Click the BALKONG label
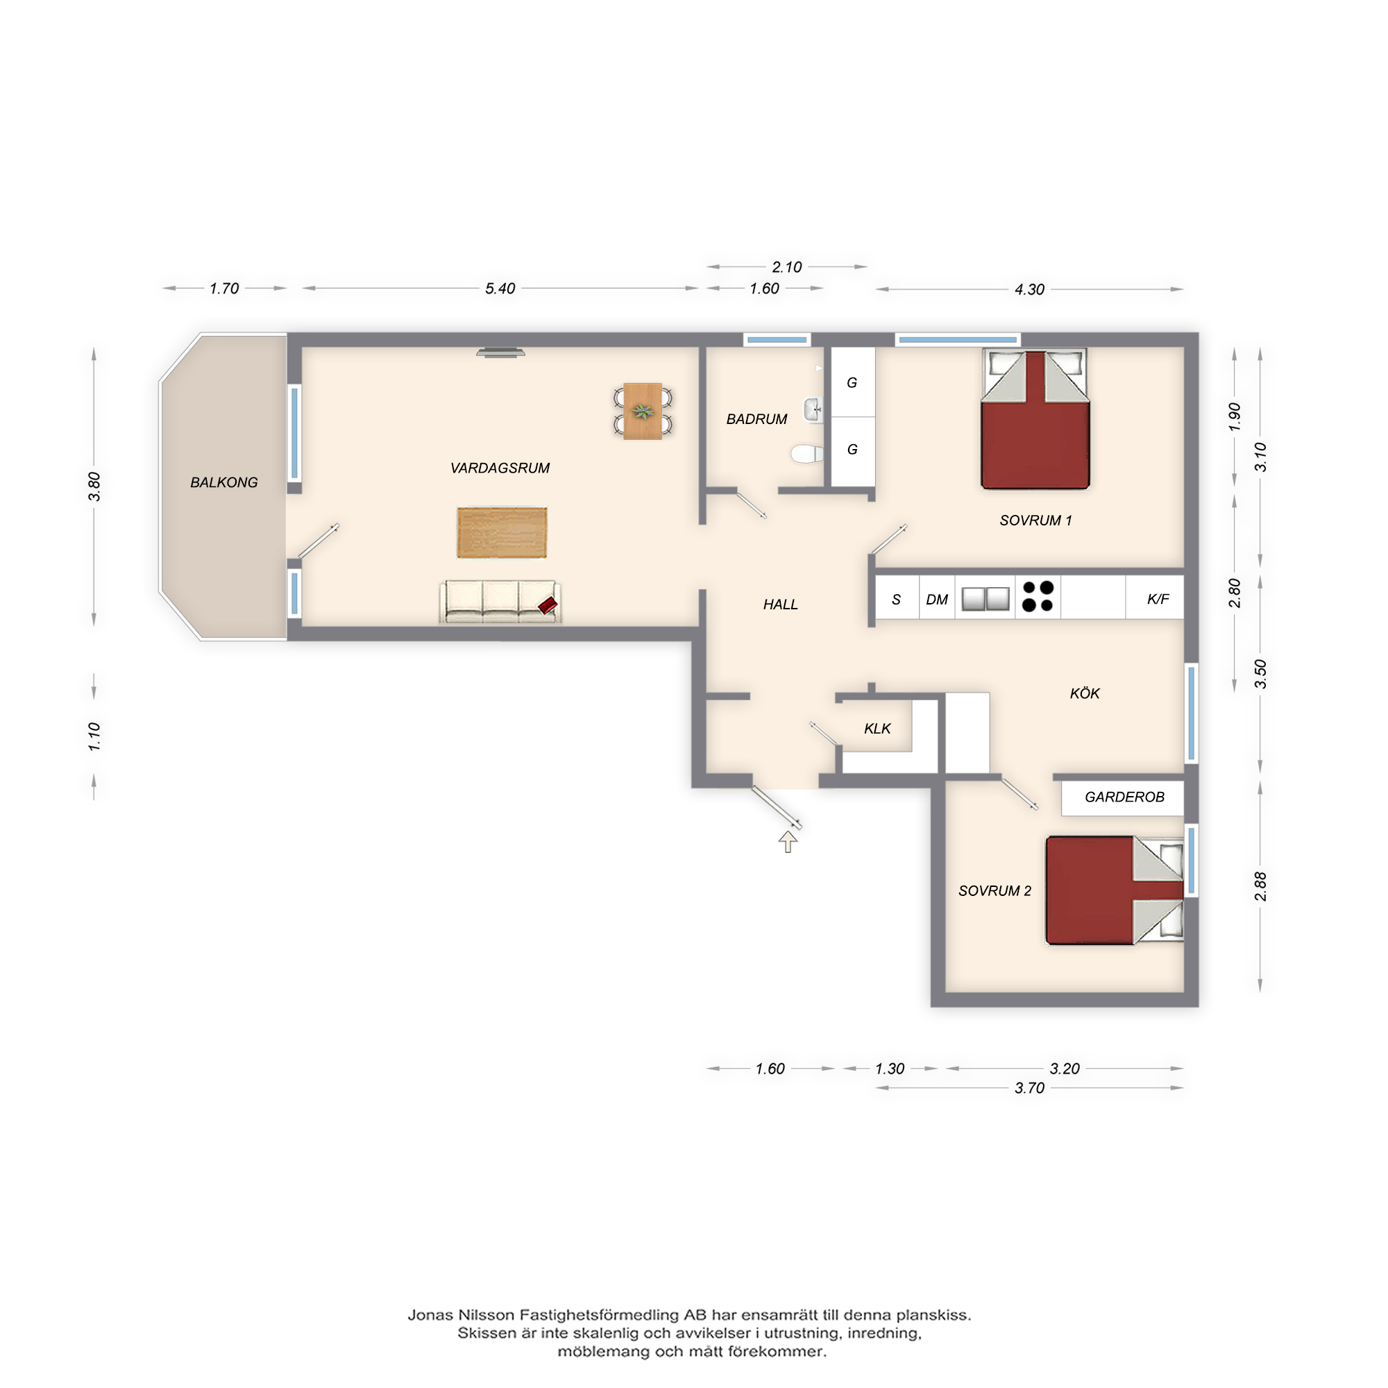223,483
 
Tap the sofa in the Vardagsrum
500,601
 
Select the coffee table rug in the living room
502,532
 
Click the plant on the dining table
642,412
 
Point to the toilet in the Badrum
808,454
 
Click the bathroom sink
813,410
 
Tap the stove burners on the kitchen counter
1038,596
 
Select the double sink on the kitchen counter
985,598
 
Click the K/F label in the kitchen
1158,599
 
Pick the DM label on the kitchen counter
937,600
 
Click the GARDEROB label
1124,797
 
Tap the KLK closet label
877,729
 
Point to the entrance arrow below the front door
788,841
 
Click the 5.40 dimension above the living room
500,289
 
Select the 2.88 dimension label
1260,886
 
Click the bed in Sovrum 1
1035,420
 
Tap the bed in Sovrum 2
1115,890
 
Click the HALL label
780,605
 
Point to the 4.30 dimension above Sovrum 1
1029,289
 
